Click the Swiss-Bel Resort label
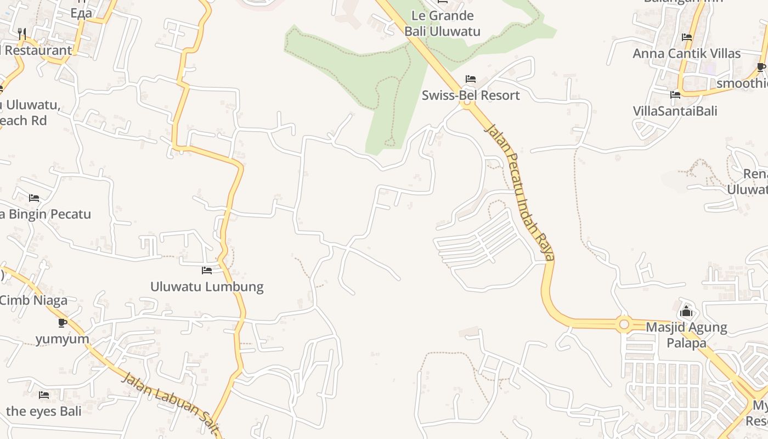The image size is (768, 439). click(471, 95)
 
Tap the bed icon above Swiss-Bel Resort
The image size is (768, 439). click(470, 79)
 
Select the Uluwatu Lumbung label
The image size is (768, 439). click(207, 286)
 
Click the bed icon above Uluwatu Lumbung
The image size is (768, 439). click(207, 270)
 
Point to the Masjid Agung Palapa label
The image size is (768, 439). click(686, 335)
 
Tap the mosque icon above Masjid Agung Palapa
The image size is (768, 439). click(686, 312)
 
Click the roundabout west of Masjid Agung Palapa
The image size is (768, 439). click(624, 325)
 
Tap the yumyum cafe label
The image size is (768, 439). click(63, 339)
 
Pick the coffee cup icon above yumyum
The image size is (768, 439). click(63, 323)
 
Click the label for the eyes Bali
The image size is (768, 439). click(44, 411)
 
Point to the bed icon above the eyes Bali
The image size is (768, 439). click(44, 395)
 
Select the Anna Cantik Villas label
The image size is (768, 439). click(686, 54)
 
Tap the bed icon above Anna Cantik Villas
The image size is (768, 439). click(686, 37)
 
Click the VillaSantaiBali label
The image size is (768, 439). click(675, 111)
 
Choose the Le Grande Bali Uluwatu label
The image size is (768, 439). click(442, 23)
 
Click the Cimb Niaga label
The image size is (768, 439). click(33, 300)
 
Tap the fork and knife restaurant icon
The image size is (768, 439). click(22, 34)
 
